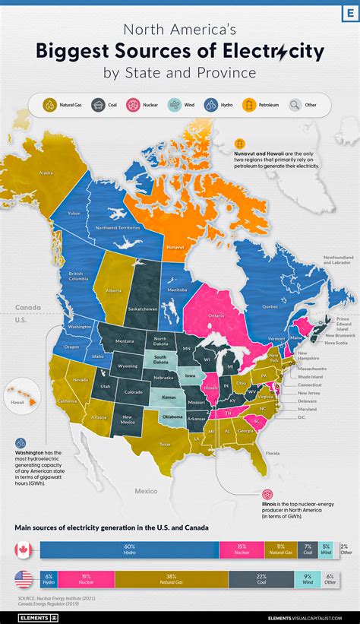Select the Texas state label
tap(165, 445)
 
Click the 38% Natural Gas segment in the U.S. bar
tap(172, 579)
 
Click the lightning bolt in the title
tap(283, 52)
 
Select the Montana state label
tap(125, 341)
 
